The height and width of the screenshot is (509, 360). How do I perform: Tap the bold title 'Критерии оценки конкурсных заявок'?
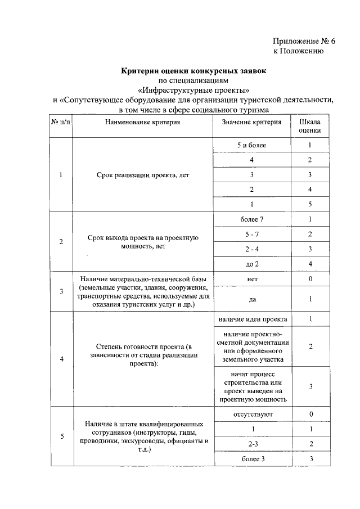click(194, 71)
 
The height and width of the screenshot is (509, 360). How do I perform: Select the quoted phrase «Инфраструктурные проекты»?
click(194, 90)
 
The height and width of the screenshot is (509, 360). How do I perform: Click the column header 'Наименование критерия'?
click(142, 121)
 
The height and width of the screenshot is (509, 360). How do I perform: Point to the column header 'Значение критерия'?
click(251, 121)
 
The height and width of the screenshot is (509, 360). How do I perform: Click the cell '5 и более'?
click(251, 146)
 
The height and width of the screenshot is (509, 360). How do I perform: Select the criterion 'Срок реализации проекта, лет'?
click(143, 175)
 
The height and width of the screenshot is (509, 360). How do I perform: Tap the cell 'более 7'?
click(251, 219)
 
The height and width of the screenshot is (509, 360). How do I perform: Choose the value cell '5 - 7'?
click(251, 233)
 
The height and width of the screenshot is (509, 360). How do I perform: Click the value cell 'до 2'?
click(251, 263)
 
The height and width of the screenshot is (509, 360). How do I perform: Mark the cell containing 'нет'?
click(251, 278)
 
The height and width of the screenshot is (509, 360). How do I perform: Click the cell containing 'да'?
click(251, 299)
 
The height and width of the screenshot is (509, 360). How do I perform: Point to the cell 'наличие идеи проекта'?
click(251, 319)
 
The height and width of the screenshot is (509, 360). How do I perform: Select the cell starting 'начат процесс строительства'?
click(251, 386)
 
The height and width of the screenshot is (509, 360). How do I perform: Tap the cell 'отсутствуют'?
click(251, 415)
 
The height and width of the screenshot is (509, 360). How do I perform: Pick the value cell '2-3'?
click(251, 444)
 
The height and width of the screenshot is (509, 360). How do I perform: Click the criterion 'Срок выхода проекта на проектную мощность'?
click(143, 241)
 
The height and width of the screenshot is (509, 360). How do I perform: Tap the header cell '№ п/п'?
click(61, 121)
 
